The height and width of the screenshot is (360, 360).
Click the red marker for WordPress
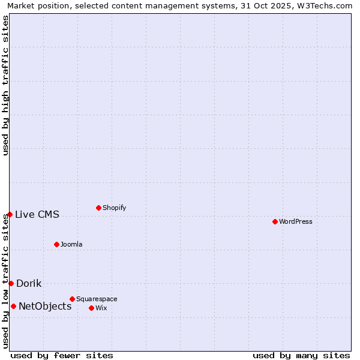click(275, 221)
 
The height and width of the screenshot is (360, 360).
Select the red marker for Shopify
click(98, 208)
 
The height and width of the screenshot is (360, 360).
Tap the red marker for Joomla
click(56, 244)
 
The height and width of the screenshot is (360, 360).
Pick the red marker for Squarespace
click(72, 299)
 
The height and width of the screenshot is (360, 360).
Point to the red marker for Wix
click(91, 308)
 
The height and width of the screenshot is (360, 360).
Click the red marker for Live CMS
click(10, 214)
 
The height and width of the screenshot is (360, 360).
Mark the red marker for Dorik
click(11, 283)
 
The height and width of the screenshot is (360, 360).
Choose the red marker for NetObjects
click(13, 306)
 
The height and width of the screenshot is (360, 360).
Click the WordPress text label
click(296, 221)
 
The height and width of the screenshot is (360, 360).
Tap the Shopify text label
click(115, 208)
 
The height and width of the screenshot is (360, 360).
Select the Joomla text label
click(71, 244)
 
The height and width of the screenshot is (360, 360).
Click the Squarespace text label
click(97, 299)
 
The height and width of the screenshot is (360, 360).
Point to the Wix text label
click(101, 308)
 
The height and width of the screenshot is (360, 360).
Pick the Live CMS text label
click(37, 214)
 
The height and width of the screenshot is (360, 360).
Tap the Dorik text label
click(29, 283)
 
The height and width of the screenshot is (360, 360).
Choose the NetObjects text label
click(45, 306)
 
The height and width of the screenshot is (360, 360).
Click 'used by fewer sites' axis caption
click(62, 355)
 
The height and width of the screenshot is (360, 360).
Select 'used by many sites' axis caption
click(301, 355)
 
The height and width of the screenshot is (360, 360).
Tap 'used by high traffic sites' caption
click(5, 85)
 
